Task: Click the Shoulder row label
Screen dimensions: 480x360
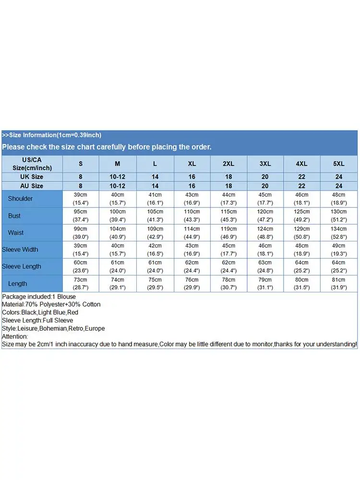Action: tap(20, 199)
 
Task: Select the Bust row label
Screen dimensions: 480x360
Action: tap(14, 216)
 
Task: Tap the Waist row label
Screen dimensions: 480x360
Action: tap(15, 233)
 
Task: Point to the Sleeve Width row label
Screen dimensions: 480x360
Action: tap(20, 250)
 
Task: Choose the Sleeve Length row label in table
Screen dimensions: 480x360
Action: tap(22, 266)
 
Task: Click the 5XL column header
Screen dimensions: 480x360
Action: tap(339, 164)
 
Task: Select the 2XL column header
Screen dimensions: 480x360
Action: tap(228, 164)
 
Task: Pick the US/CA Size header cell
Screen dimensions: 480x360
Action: tap(33, 164)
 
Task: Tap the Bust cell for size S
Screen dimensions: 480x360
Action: tap(81, 216)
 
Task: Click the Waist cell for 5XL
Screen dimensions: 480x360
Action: tap(339, 233)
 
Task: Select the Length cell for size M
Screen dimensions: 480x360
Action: tap(118, 284)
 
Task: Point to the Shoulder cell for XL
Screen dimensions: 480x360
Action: tap(192, 199)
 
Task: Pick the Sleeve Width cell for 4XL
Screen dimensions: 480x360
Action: tap(301, 250)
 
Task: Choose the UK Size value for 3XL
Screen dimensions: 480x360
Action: tap(265, 177)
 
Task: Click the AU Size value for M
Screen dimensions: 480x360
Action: tap(118, 186)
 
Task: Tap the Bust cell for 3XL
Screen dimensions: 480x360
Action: tap(265, 216)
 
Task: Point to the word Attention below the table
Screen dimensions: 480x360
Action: tap(15, 336)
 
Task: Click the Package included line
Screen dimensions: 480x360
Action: tap(39, 297)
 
